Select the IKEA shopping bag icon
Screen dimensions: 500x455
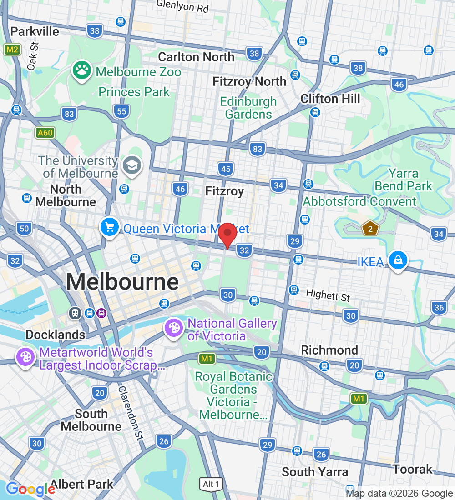pos(398,261)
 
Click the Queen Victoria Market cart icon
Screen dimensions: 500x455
pos(110,227)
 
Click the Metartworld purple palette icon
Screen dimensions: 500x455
pos(25,358)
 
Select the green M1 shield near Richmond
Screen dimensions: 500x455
pos(359,399)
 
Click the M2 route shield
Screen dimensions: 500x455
pos(12,50)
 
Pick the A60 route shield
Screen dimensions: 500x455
pos(45,133)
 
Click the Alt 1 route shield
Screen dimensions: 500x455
pos(211,485)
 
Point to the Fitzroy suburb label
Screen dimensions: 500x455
pos(225,191)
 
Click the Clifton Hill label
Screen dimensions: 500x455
pos(330,99)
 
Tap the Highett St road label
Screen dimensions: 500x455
pos(328,295)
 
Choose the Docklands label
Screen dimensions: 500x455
pos(55,335)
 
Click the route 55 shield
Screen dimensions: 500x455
pos(121,111)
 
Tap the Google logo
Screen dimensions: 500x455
pos(30,489)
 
